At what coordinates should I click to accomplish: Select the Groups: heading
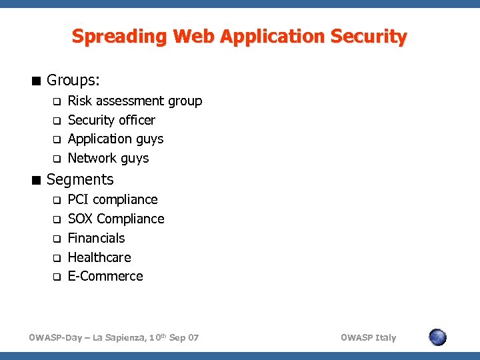(73, 81)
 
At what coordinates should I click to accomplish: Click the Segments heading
(80, 179)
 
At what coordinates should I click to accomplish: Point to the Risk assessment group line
(135, 101)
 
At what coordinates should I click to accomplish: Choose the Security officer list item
(111, 121)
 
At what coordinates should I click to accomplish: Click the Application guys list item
(115, 139)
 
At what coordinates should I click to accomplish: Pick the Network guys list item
(108, 159)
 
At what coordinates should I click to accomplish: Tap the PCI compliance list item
(113, 200)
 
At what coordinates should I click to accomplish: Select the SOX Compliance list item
(116, 219)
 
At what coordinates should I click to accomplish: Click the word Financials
(96, 239)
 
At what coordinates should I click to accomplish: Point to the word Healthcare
(99, 258)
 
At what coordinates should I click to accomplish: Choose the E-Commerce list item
(105, 277)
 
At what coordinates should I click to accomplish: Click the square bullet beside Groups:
(37, 81)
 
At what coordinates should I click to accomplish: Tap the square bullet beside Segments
(37, 180)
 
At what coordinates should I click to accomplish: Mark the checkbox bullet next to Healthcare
(57, 258)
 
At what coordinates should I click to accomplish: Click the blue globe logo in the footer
(437, 337)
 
